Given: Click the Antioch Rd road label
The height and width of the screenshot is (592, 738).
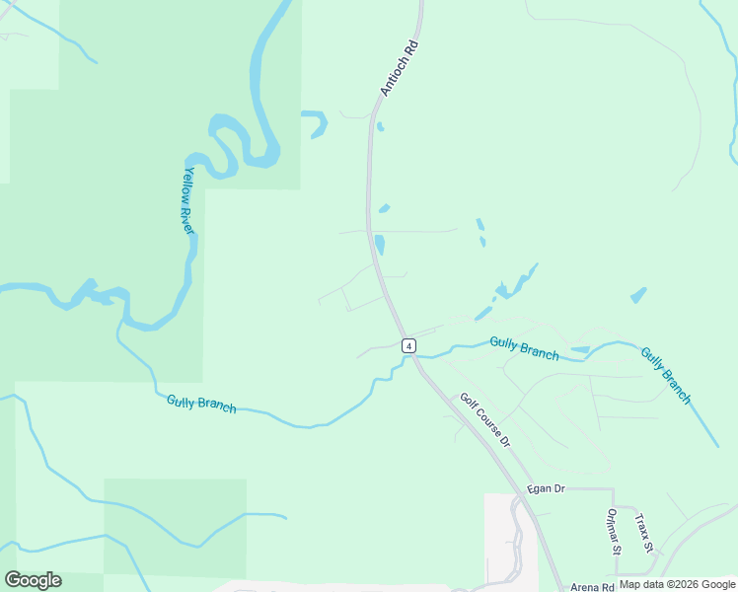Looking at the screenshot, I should pos(400,68).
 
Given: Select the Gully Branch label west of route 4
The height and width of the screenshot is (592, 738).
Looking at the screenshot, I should pos(201,403).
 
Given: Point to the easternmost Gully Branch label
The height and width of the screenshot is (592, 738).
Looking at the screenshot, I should pos(666,375).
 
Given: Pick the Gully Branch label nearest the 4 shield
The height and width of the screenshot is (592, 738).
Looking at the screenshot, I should pos(524,348).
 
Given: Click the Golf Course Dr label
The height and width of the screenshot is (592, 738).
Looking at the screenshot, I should pos(484,420).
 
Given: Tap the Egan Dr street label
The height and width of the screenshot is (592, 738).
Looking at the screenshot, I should pos(545,488).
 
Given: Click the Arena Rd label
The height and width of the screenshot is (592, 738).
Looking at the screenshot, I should pos(592,586).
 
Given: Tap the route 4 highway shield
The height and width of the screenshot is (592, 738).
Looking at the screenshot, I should pos(408,345).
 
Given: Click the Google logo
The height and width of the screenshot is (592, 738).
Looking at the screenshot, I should pos(33,580).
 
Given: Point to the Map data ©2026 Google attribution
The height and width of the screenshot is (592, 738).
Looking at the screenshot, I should pos(678,585).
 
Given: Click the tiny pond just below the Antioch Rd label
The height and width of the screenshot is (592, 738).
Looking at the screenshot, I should pos(380,126).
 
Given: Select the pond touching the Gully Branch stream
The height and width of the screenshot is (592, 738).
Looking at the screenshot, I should pos(580,349).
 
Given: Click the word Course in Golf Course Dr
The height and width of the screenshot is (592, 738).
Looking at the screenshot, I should pos(485,421).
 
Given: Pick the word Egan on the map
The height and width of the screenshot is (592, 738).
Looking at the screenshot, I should pos(538,488).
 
